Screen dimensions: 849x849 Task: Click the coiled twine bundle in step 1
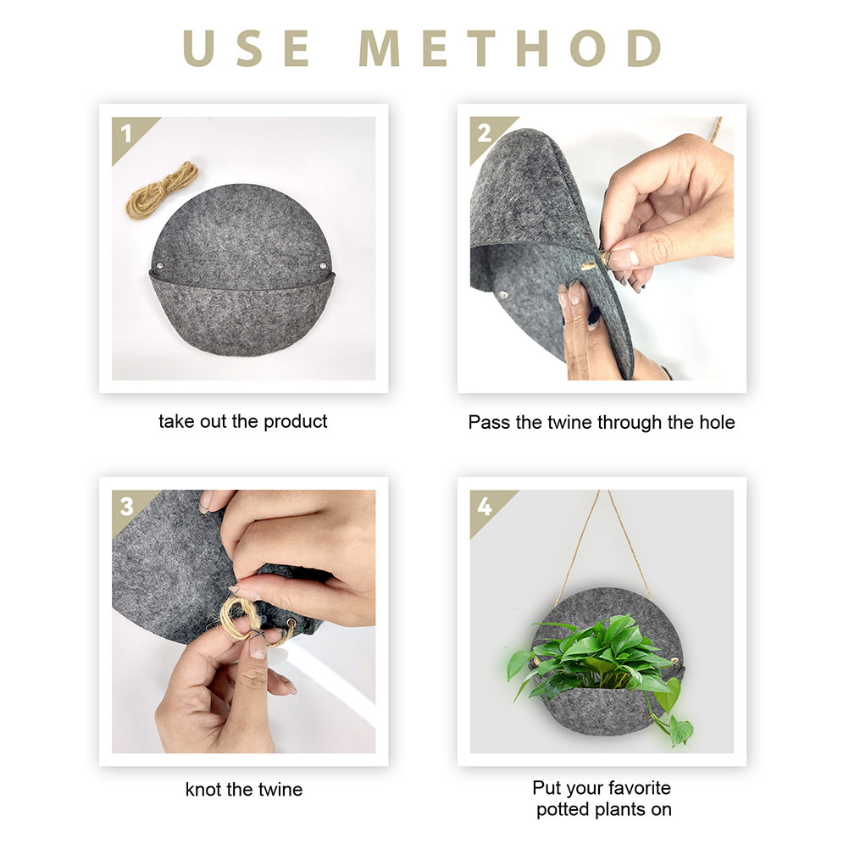click(x=162, y=190)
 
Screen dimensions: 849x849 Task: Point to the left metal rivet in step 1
click(x=160, y=266)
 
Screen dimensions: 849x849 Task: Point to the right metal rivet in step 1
click(x=323, y=266)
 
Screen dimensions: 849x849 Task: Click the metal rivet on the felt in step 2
click(x=503, y=295)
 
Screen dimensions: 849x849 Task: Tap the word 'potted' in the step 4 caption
click(x=563, y=809)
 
